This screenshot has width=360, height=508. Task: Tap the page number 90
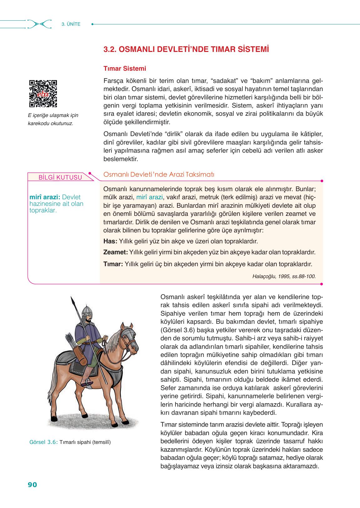33,485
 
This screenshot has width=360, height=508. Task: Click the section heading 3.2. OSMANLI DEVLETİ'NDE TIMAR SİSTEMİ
186,50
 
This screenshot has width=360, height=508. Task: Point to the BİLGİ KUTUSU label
60,178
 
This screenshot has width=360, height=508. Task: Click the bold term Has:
110,241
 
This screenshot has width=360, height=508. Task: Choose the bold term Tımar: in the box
113,264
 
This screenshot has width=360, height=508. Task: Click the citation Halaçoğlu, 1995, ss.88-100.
284,276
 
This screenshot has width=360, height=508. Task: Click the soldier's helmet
87,311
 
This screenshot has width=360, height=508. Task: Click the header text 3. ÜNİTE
71,24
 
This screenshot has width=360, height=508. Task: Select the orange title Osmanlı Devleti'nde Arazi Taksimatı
159,175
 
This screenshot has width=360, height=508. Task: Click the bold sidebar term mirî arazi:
44,197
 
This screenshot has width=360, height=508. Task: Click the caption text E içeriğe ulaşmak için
53,115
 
